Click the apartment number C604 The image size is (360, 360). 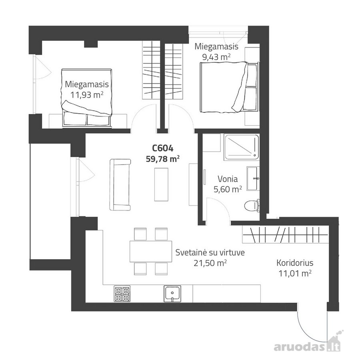163,148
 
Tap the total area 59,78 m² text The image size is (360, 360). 163,159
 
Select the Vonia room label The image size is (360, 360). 228,179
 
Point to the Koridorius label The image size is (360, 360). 295,263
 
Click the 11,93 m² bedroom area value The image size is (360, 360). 86,94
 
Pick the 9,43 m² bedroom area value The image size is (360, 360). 216,57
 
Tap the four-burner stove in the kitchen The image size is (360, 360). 122,294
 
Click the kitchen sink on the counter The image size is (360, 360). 172,294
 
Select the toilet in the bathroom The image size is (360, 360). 252,206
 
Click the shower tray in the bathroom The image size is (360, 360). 242,147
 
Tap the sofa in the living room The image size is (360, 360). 120,184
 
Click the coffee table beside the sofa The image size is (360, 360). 161,184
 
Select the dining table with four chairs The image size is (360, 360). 151,252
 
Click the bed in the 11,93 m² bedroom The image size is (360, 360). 86,98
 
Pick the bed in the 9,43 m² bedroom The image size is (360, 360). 228,87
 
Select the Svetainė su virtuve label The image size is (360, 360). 210,252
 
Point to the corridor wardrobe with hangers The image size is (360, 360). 285,234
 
